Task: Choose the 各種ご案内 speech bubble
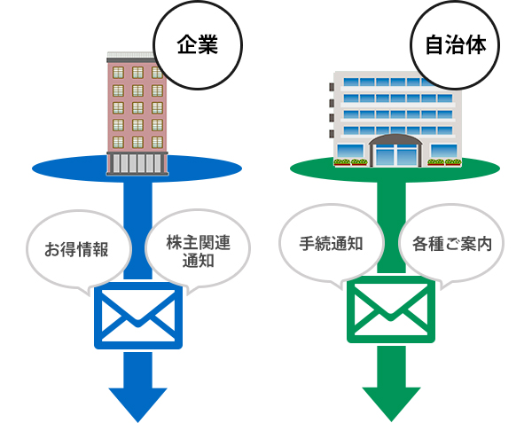click(452, 244)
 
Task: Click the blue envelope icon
click(137, 315)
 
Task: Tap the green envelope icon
click(391, 313)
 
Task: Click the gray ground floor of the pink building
click(137, 163)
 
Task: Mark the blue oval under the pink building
click(62, 168)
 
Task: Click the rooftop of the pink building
click(137, 56)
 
